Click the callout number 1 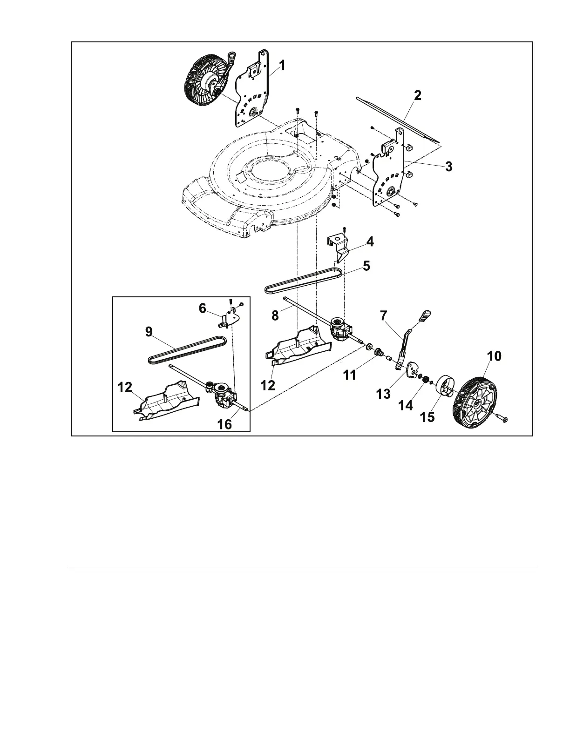[x=283, y=66]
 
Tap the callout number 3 [x=448, y=166]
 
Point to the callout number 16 [x=225, y=424]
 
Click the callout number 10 [x=494, y=356]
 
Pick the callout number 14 [x=406, y=406]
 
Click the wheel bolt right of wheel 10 [x=502, y=418]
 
